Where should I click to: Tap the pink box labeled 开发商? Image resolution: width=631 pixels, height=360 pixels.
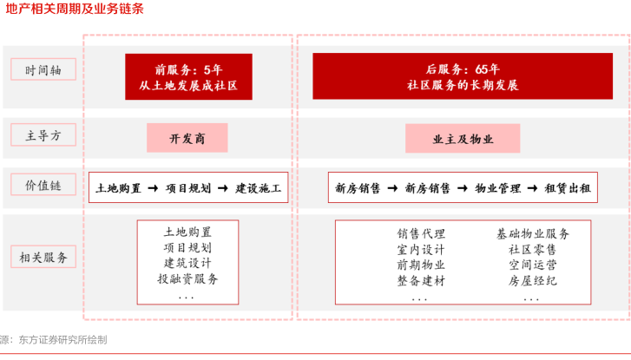click(x=187, y=138)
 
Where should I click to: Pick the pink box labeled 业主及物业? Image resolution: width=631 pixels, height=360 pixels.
click(x=463, y=138)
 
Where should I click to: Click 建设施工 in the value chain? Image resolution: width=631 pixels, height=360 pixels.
click(x=259, y=187)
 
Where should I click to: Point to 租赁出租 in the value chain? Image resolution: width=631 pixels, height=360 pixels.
click(x=567, y=187)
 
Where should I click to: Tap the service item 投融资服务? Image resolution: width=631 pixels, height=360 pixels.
click(x=187, y=278)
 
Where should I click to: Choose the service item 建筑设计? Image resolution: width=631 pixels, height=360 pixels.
click(x=187, y=263)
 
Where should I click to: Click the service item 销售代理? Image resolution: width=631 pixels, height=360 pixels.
click(x=421, y=233)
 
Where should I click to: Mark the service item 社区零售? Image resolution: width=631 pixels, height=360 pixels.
click(x=533, y=249)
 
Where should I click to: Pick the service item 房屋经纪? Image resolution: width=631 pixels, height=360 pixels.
click(x=533, y=280)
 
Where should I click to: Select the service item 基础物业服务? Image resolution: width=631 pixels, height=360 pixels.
click(x=533, y=233)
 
